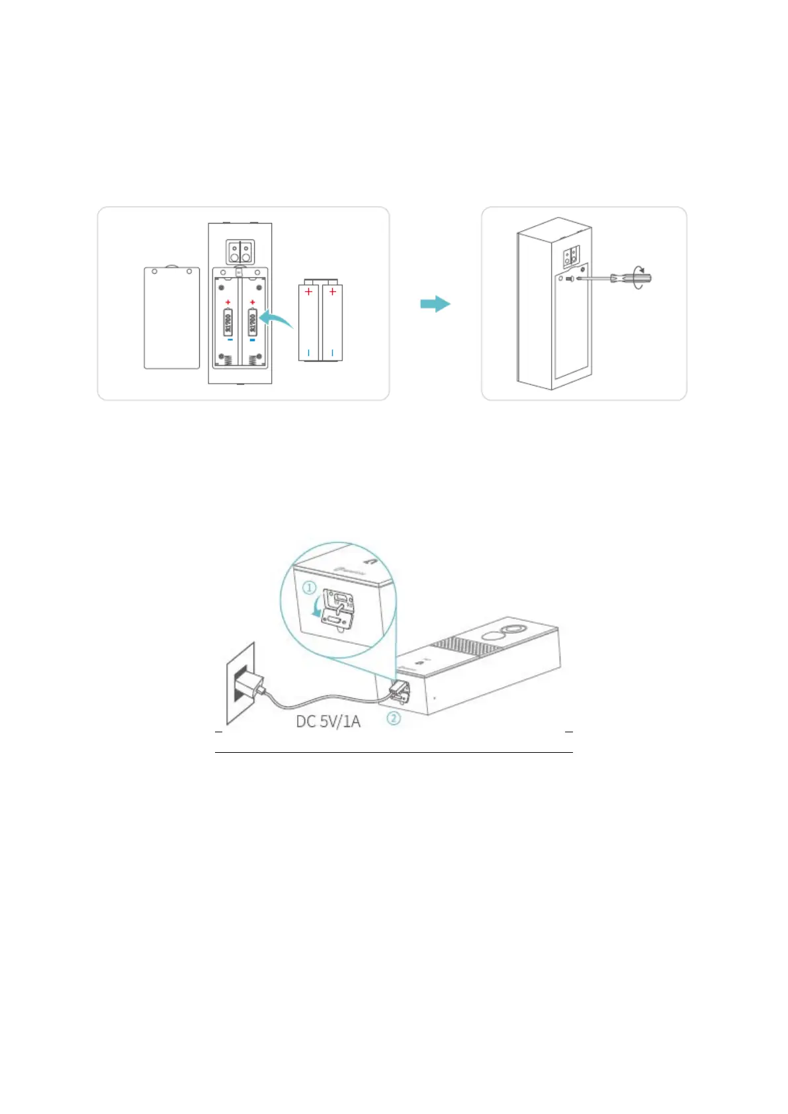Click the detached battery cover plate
coord(172,318)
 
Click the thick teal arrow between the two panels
coord(435,304)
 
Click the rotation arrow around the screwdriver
coord(639,277)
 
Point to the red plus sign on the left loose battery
coord(309,291)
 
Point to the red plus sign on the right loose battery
coord(332,291)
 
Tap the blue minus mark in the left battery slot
coord(229,341)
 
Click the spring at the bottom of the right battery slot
coord(252,360)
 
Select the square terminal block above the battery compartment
coord(239,251)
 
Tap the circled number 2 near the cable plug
coord(394,718)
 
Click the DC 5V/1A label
coord(328,721)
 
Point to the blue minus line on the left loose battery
coord(309,352)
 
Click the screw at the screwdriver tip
coord(569,279)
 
